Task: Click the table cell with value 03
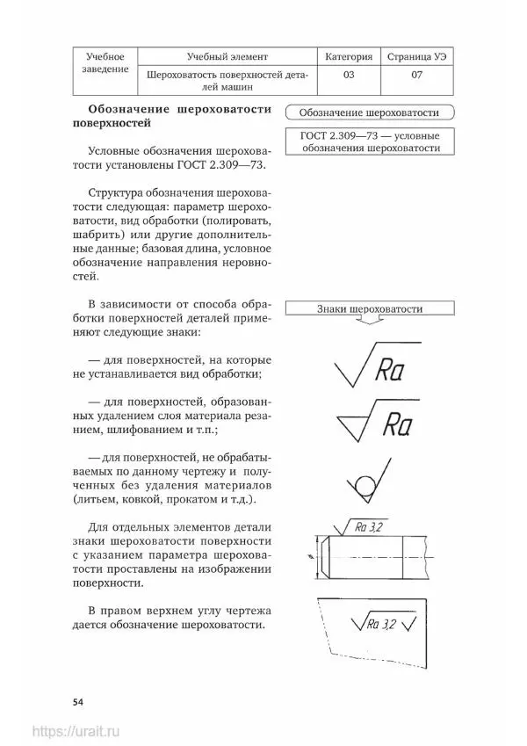349,76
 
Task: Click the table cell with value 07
416,76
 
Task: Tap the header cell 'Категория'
349,56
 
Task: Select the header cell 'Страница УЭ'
416,56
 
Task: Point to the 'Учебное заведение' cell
105,62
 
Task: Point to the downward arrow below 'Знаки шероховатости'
368,326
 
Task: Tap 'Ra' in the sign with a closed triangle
397,424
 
